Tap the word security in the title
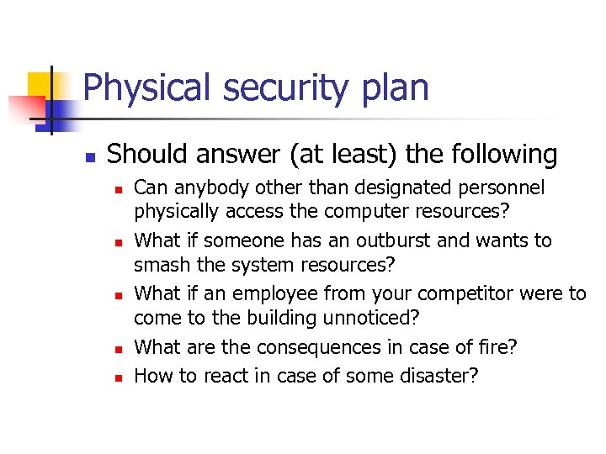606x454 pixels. click(265, 88)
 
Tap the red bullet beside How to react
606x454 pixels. click(118, 377)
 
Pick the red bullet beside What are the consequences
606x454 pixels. click(118, 350)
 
